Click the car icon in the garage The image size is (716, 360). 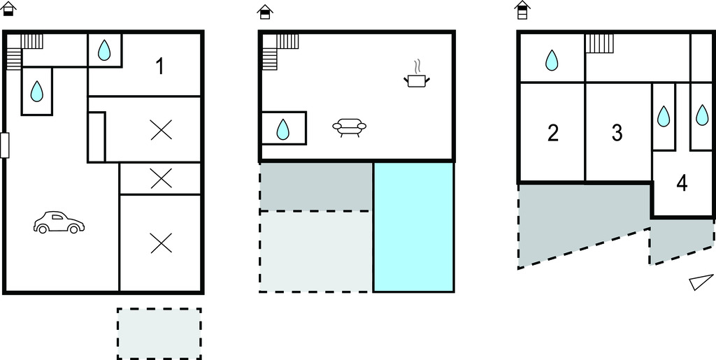coord(59,223)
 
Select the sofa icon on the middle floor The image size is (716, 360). coord(350,127)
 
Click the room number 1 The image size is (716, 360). coord(159,67)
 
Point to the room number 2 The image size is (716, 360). coord(552,133)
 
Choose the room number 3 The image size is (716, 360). coord(617,133)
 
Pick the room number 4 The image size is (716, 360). coord(682,183)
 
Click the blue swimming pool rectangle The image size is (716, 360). coord(414,226)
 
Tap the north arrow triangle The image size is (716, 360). coord(701,282)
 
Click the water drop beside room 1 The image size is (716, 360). coord(104,50)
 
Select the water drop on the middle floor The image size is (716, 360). coord(283,129)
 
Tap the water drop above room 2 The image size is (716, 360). coord(552,60)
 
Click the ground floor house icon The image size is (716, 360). coord(9,8)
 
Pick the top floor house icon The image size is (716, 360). coord(522,10)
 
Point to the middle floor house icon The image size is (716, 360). coord(265,12)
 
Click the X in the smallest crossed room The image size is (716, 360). coord(162,178)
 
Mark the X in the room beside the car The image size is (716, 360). coord(162,243)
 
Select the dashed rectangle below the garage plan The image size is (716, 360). coord(159,333)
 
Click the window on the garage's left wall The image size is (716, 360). coord(5,145)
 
